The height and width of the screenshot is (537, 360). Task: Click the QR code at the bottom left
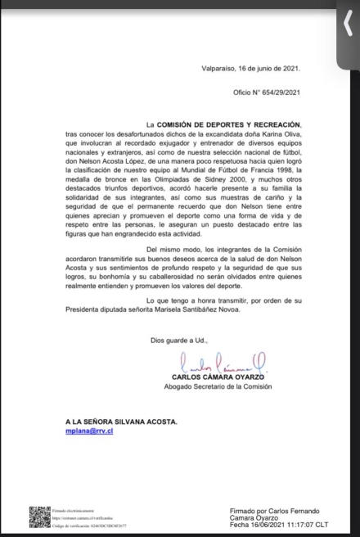coord(39,517)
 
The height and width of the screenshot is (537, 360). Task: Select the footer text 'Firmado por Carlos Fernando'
coord(274,510)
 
